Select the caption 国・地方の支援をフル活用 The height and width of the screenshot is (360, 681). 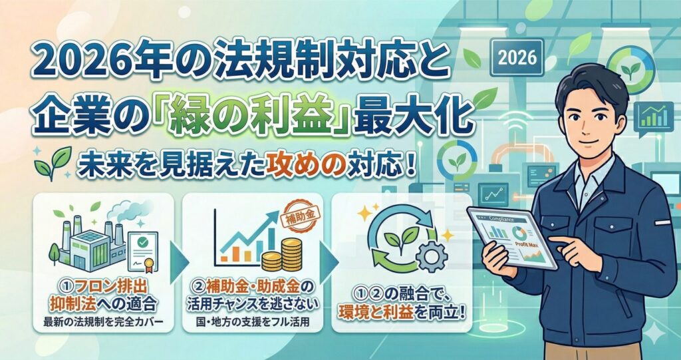252,324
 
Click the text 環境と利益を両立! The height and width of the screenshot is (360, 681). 402,312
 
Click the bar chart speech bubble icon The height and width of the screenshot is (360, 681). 654,116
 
